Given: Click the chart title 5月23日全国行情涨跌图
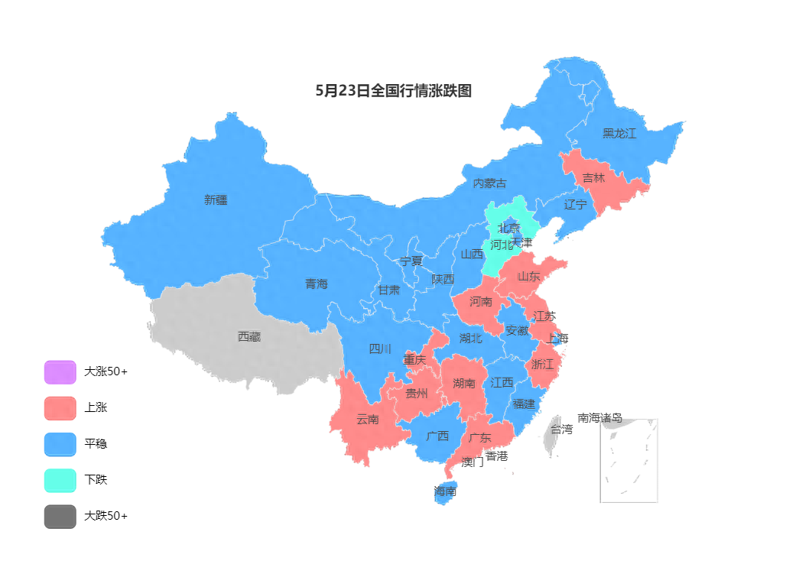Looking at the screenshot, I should pyautogui.click(x=394, y=91).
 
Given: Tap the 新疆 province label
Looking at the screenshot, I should pyautogui.click(x=216, y=200).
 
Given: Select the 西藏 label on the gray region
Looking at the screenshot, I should pyautogui.click(x=249, y=336).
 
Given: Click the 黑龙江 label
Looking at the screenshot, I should pyautogui.click(x=619, y=134).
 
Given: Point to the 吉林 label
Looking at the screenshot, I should pyautogui.click(x=593, y=178).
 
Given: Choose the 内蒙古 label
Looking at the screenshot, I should pyautogui.click(x=489, y=183).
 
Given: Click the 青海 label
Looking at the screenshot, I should pyautogui.click(x=317, y=284).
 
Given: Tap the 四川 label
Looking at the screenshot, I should pyautogui.click(x=380, y=349).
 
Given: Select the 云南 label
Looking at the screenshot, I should pyautogui.click(x=368, y=420).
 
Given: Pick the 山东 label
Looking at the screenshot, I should pyautogui.click(x=528, y=277).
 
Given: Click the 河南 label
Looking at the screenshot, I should pyautogui.click(x=481, y=302).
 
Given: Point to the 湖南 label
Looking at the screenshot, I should pyautogui.click(x=464, y=384).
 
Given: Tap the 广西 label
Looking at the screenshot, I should pyautogui.click(x=437, y=437).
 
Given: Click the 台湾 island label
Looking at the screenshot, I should pyautogui.click(x=561, y=430).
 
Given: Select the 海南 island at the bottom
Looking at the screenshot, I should pyautogui.click(x=445, y=491).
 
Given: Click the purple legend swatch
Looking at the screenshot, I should pyautogui.click(x=60, y=372).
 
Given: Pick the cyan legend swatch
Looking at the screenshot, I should pyautogui.click(x=60, y=481).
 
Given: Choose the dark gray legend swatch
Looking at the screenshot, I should pyautogui.click(x=60, y=517).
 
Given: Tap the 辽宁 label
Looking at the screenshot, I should pyautogui.click(x=576, y=205).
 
